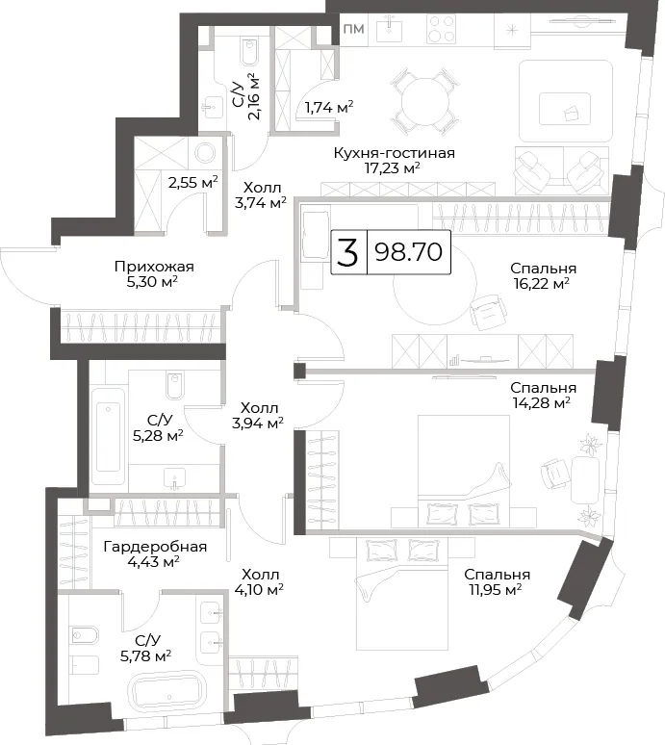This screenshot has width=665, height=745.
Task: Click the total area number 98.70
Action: pos(408,252)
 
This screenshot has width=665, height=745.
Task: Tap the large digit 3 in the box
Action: pos(347,252)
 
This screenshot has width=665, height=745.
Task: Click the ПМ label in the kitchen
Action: pos(354,29)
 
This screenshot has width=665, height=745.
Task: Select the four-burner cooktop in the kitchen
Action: pos(442,29)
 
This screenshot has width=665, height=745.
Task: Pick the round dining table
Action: pos(424,101)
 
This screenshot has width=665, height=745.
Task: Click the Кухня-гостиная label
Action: pos(394,153)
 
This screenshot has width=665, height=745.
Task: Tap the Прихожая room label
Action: pos(154,267)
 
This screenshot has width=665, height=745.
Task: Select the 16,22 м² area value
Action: pos(541,284)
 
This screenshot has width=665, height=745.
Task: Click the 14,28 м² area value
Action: pos(542,403)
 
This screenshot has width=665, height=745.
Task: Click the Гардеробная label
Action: pos(155,547)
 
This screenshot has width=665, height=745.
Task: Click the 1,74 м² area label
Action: pos(329,108)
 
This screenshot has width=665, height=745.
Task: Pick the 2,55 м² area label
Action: pos(193,182)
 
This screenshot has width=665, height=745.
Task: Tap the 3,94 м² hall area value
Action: pos(258,423)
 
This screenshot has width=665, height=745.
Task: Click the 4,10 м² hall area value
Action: pos(259,590)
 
